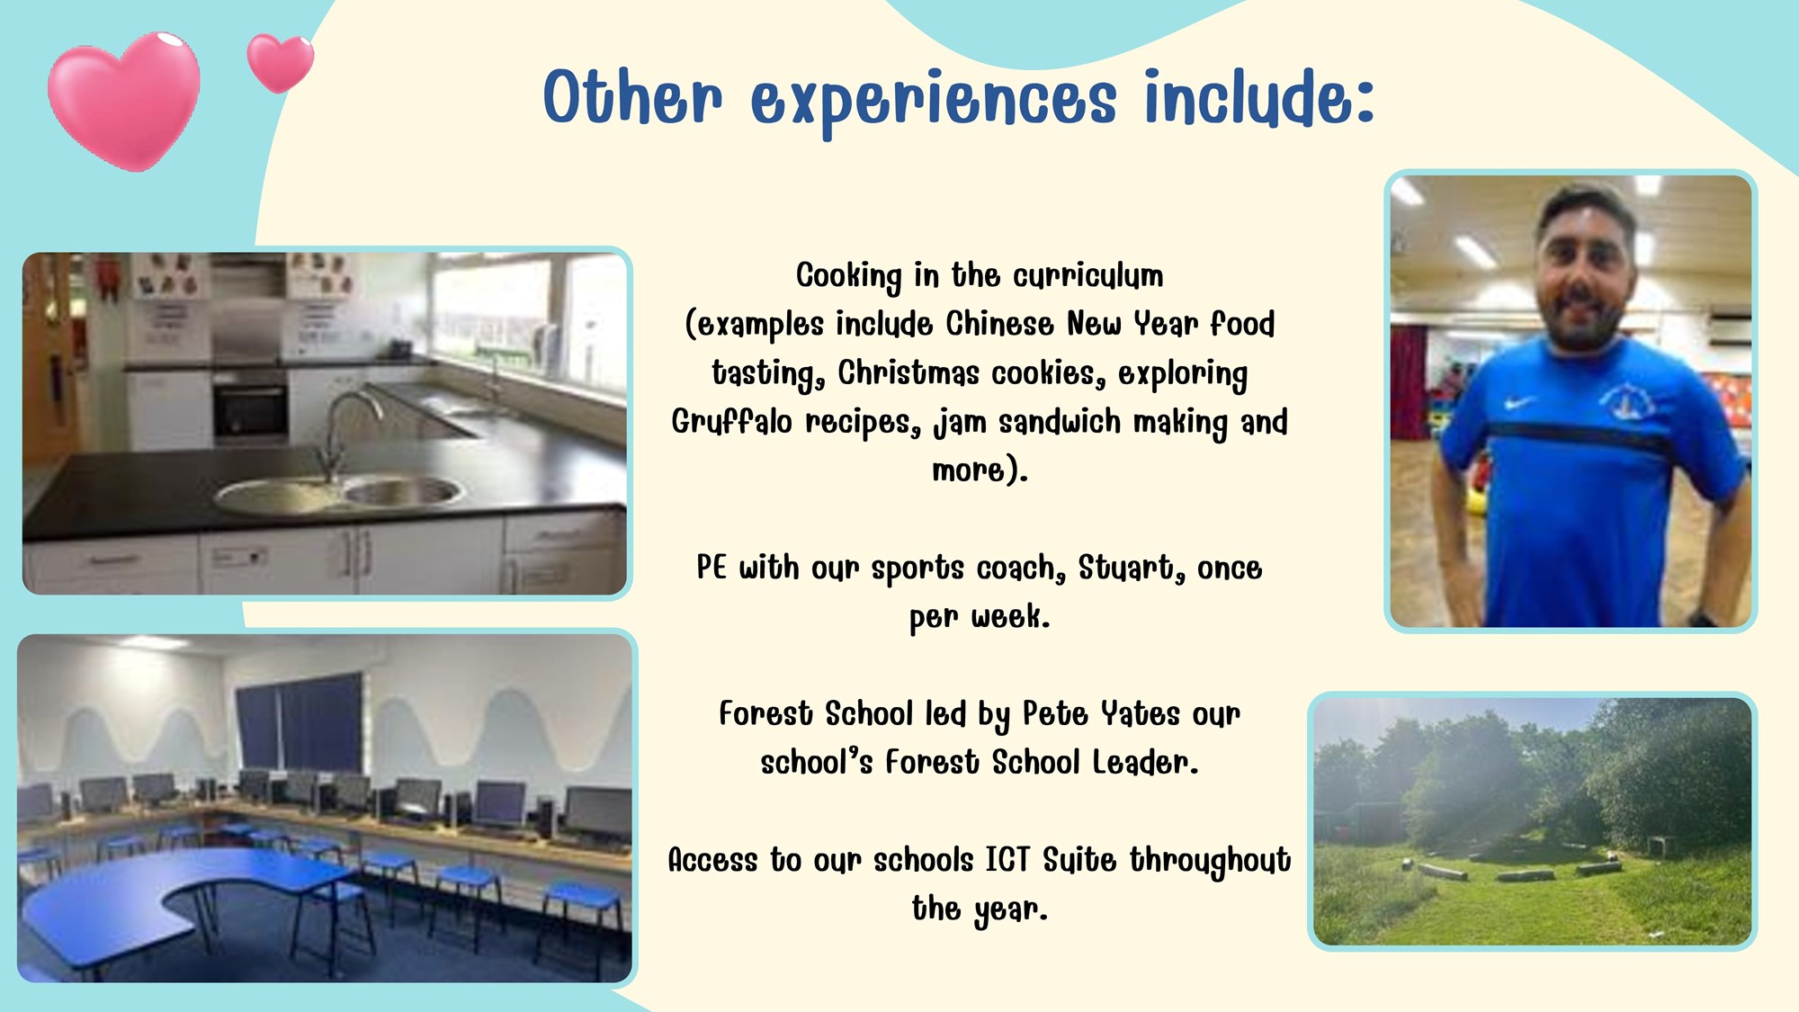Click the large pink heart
pos(124,101)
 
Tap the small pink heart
pos(281,63)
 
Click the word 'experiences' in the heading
pos(934,101)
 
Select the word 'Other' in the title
pos(632,96)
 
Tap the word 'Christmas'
pos(908,372)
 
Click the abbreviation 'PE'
pos(712,568)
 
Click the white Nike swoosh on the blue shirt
pos(1517,404)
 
